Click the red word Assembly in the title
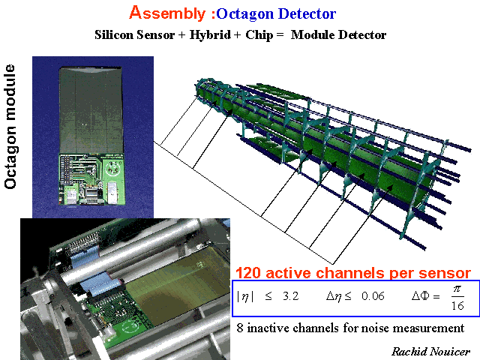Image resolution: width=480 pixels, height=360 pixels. click(167, 13)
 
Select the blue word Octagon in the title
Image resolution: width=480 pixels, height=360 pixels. click(245, 14)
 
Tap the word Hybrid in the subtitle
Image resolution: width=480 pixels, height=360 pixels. click(210, 35)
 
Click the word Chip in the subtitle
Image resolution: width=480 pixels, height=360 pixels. click(259, 35)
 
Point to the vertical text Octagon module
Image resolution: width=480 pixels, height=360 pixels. click(10, 127)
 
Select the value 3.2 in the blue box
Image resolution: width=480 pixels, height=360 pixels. click(290, 296)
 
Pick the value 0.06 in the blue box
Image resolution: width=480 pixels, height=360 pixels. click(373, 296)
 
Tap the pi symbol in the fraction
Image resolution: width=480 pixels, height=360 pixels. click(457, 289)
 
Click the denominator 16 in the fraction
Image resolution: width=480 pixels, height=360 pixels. click(457, 305)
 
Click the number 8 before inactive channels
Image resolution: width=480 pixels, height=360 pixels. click(240, 328)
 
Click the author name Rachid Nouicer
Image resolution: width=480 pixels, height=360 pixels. click(430, 352)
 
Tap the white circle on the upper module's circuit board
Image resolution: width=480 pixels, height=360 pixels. click(112, 168)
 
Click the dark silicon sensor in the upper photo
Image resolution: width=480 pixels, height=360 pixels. click(91, 110)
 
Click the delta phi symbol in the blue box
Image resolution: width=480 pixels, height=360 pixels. click(421, 295)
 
